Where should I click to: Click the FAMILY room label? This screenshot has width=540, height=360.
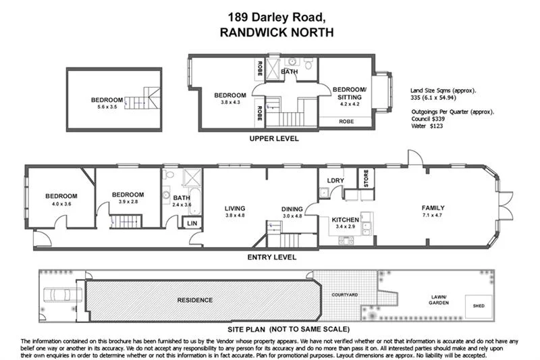tap(433, 207)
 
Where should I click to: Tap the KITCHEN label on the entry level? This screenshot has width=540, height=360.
tap(345, 220)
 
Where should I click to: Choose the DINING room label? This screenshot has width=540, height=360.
tap(292, 208)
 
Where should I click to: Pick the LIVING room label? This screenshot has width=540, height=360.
tap(234, 208)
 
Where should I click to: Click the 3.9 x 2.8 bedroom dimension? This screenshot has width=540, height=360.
tap(128, 201)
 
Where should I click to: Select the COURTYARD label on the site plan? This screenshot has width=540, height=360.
tap(344, 295)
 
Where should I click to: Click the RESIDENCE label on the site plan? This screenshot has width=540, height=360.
tap(194, 300)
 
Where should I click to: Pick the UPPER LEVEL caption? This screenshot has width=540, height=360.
tap(274, 138)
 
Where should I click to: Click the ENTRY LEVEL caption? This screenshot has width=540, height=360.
tap(272, 257)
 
